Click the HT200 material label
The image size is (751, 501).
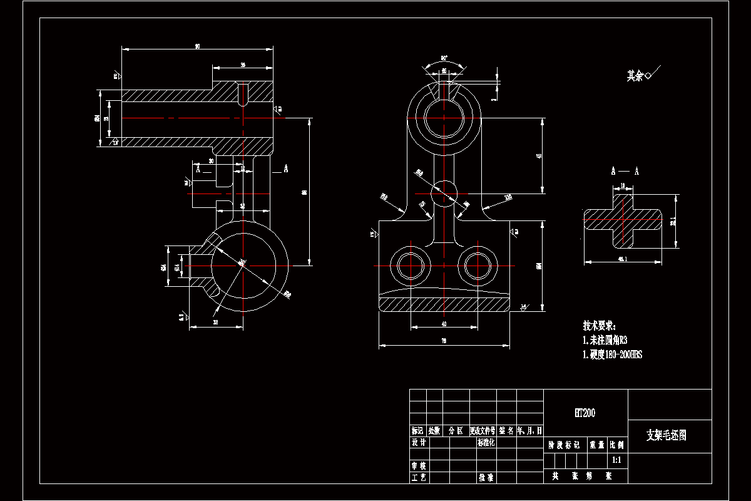tap(585, 413)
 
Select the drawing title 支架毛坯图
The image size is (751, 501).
tap(666, 435)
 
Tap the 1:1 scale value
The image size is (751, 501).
tap(616, 460)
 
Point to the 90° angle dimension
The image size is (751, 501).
tap(444, 58)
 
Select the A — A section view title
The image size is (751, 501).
tap(625, 171)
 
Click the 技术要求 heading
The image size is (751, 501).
tap(600, 326)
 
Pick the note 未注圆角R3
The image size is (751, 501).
tap(605, 340)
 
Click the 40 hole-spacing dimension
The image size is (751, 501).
tap(444, 324)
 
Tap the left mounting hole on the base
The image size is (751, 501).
tap(411, 266)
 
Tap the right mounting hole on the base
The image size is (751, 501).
tap(478, 266)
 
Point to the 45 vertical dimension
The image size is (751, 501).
tap(539, 157)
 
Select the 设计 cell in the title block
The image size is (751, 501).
tap(418, 442)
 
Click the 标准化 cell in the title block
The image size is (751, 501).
tap(486, 442)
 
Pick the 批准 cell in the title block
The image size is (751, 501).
tap(486, 477)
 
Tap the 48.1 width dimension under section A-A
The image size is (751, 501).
tap(622, 259)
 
